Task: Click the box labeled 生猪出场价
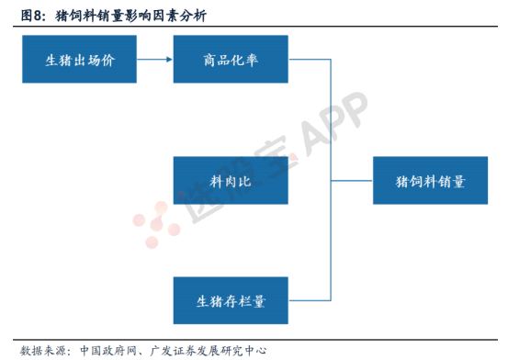pos(77,61)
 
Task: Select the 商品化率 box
pos(231,61)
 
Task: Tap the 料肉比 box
pos(231,180)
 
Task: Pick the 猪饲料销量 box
pos(430,180)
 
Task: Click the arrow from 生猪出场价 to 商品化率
pos(154,61)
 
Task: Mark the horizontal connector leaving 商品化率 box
pos(309,61)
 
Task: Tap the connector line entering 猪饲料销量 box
pos(352,180)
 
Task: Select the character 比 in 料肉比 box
pos(248,181)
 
